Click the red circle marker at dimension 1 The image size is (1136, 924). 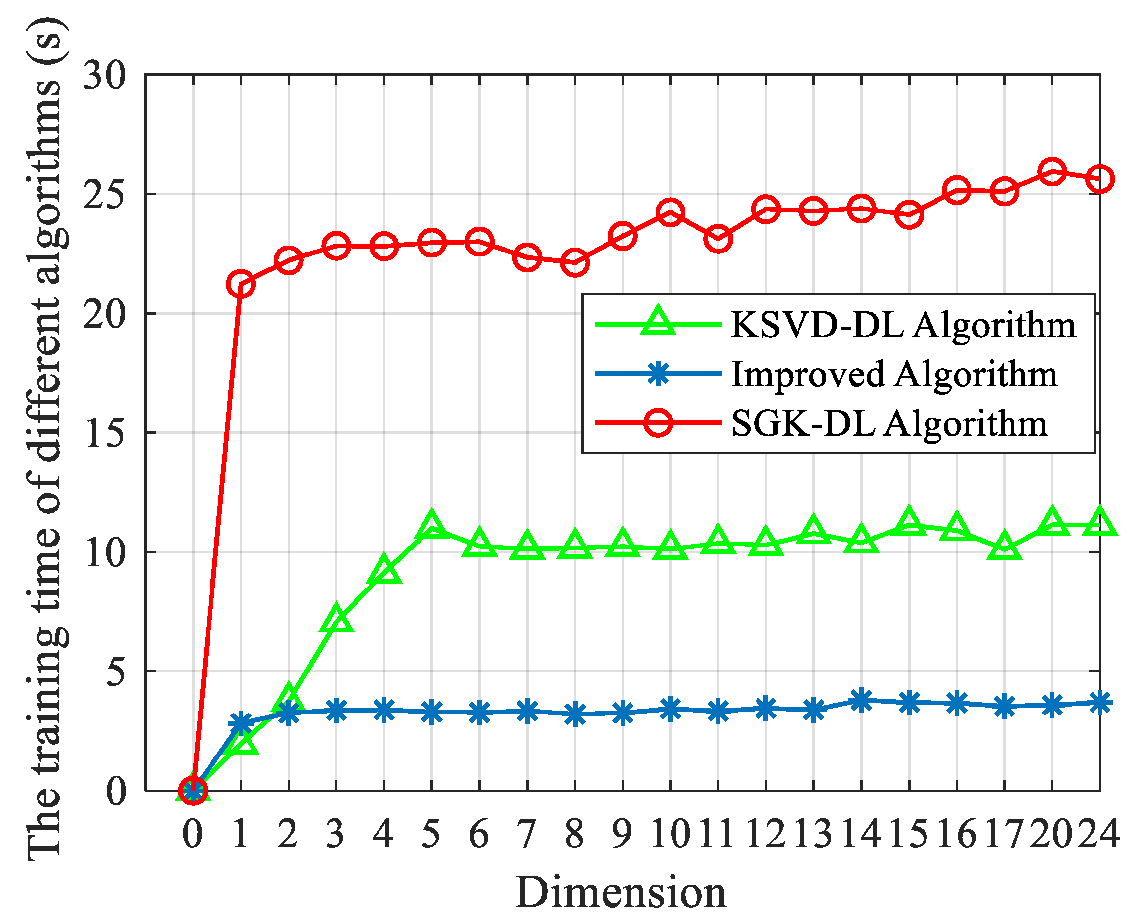click(x=241, y=285)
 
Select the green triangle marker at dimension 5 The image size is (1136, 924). click(x=432, y=524)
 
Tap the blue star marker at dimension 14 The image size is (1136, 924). click(x=861, y=700)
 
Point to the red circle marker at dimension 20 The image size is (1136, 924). click(x=1052, y=171)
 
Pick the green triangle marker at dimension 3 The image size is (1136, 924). click(x=336, y=619)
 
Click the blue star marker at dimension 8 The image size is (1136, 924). click(x=574, y=714)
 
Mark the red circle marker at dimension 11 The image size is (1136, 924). click(x=717, y=239)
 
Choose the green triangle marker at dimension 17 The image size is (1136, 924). click(x=1004, y=547)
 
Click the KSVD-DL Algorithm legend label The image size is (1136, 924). click(x=903, y=325)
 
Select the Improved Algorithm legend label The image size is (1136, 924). click(x=894, y=374)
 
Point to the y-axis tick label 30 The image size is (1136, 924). click(x=105, y=75)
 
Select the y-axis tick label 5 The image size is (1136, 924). click(x=116, y=672)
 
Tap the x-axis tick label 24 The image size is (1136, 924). click(x=1099, y=834)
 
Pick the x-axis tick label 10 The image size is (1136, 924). click(x=670, y=834)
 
